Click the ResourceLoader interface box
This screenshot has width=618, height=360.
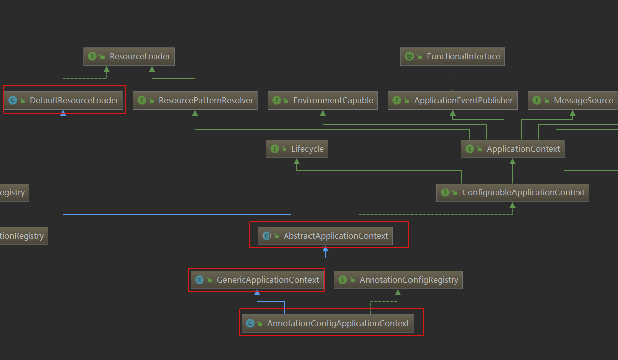(x=129, y=57)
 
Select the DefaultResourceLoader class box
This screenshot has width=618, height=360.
(x=64, y=100)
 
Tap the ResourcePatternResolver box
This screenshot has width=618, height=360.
(x=195, y=100)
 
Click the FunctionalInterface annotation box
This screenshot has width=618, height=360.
(x=452, y=56)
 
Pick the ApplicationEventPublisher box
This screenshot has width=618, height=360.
(x=453, y=100)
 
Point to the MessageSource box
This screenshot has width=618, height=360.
(x=572, y=100)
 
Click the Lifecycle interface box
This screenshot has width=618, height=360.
(x=297, y=149)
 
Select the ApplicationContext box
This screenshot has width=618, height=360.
(x=512, y=149)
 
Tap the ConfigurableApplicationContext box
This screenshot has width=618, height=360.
(x=512, y=192)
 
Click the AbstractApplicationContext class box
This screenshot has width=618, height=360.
(x=326, y=236)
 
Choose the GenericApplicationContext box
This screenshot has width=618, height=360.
(x=257, y=280)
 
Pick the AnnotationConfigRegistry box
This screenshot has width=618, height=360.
(x=398, y=280)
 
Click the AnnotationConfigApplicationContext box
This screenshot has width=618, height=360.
(x=328, y=323)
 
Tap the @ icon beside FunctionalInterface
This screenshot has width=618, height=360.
(x=409, y=56)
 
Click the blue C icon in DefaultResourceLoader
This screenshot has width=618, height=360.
(x=13, y=100)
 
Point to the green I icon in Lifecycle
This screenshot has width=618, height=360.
(x=275, y=149)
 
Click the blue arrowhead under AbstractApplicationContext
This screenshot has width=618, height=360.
(x=325, y=248)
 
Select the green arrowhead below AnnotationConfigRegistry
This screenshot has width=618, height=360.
(x=398, y=292)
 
